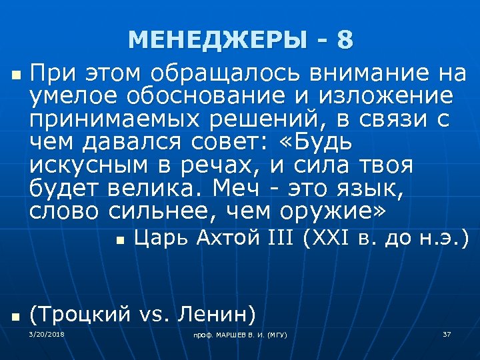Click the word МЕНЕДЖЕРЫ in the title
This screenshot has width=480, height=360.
[x=217, y=40]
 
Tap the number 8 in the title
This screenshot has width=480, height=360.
[x=345, y=40]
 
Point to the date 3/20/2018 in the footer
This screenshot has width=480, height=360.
[x=47, y=333]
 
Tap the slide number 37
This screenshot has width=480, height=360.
[x=447, y=333]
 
